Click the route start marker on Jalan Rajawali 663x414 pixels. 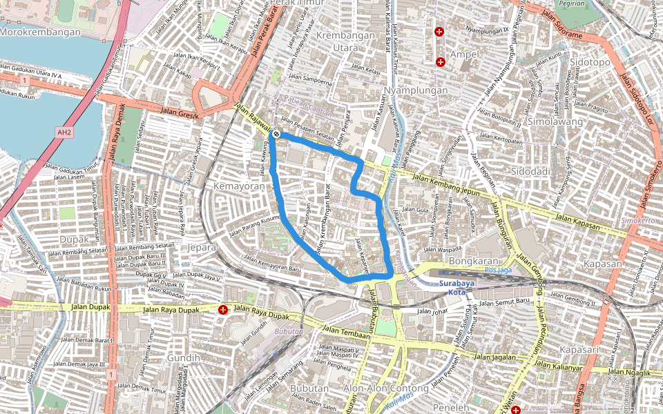(276, 133)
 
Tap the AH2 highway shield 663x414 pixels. (64, 132)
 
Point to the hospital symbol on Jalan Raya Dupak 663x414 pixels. (223, 310)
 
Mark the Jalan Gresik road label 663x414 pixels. (179, 112)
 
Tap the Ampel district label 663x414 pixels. (464, 54)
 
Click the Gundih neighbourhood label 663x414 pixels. (183, 357)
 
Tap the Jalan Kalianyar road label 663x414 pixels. (558, 366)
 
